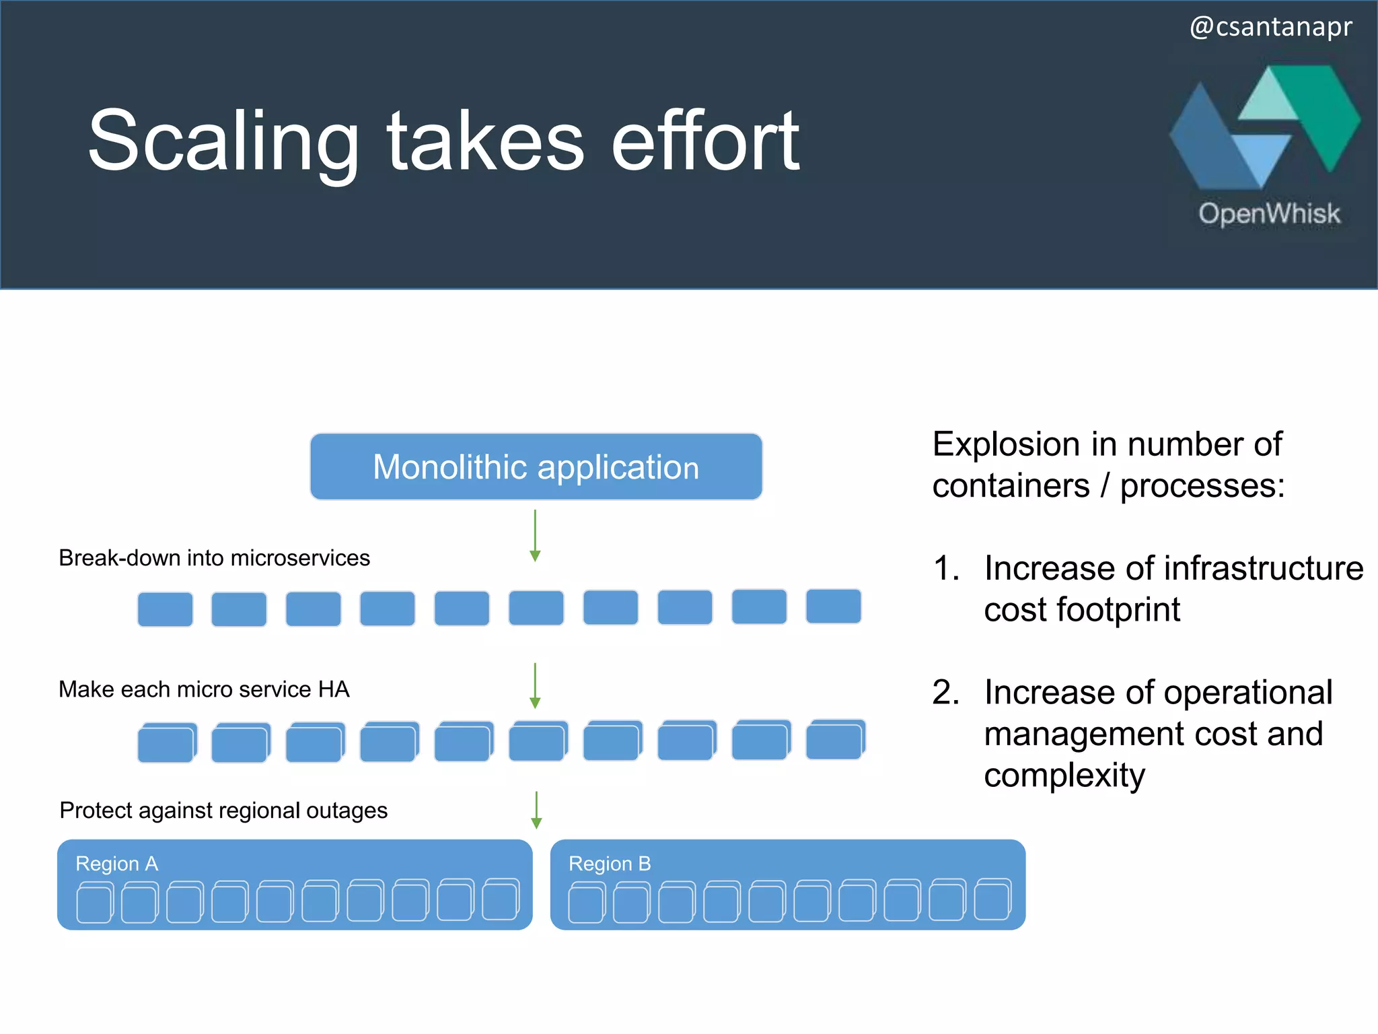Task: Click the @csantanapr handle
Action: click(x=1270, y=27)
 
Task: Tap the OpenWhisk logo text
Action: click(x=1269, y=213)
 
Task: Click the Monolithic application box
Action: click(x=536, y=467)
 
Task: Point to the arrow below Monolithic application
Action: click(x=535, y=536)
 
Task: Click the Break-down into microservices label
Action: click(x=214, y=558)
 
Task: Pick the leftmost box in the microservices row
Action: click(x=165, y=609)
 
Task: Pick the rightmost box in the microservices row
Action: click(x=833, y=606)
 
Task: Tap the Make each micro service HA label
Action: click(x=204, y=689)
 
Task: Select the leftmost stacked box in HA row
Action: click(x=166, y=743)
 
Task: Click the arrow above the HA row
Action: click(x=535, y=686)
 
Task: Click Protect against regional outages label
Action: click(x=223, y=811)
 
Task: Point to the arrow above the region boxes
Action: click(x=536, y=810)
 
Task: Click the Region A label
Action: click(x=117, y=864)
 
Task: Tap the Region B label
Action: click(x=610, y=864)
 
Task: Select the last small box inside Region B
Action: click(x=992, y=900)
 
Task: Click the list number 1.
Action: click(x=945, y=568)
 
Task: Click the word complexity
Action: click(x=1064, y=775)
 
